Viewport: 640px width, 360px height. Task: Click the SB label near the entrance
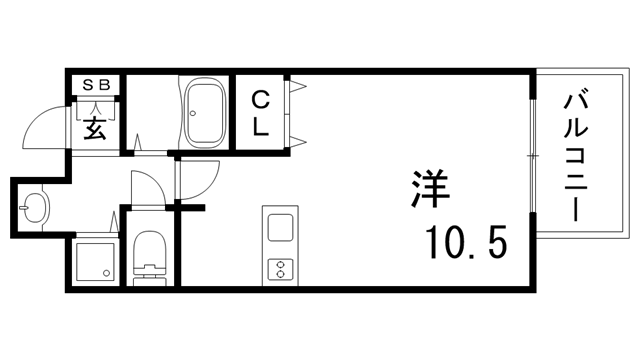click(x=94, y=84)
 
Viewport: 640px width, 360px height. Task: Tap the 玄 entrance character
click(x=94, y=127)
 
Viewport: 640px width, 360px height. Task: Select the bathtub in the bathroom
click(x=206, y=113)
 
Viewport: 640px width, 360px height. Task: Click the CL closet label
click(x=259, y=112)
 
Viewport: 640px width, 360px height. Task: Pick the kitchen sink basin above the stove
click(x=278, y=229)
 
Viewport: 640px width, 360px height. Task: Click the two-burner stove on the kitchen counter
click(x=278, y=268)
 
